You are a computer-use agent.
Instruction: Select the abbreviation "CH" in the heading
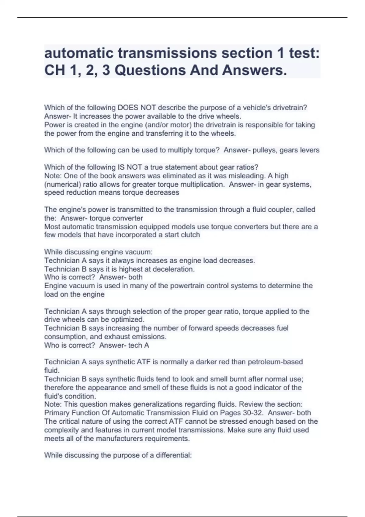55,70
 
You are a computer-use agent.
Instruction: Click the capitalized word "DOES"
128,108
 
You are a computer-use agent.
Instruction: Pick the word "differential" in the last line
173,455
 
